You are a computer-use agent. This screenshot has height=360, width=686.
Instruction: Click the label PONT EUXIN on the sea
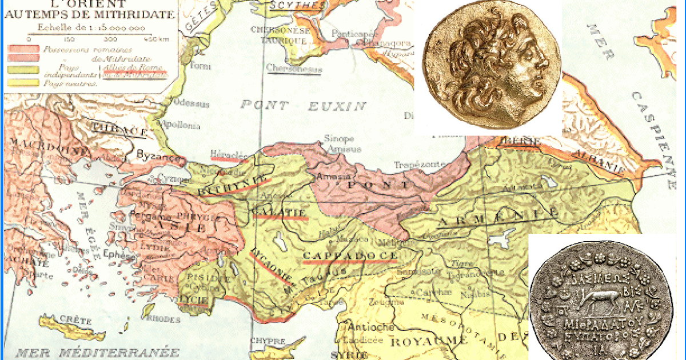pyautogui.click(x=303, y=105)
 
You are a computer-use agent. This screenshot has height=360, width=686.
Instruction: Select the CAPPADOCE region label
pyautogui.click(x=350, y=255)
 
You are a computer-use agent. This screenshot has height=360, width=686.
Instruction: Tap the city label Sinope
pyautogui.click(x=339, y=139)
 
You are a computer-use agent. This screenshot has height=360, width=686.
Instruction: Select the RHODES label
pyautogui.click(x=161, y=319)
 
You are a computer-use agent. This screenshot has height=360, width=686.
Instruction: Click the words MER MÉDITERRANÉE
pyautogui.click(x=97, y=352)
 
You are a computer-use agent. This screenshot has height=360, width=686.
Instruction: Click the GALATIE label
pyautogui.click(x=280, y=213)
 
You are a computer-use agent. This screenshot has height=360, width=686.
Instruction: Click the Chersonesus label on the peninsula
pyautogui.click(x=294, y=68)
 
